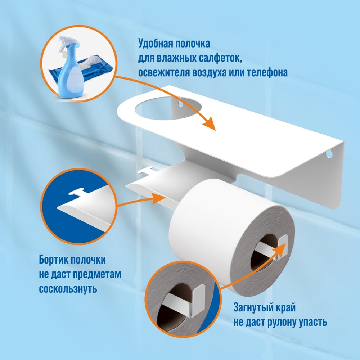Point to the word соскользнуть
68,288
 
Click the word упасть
313,322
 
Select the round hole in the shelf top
168,108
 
